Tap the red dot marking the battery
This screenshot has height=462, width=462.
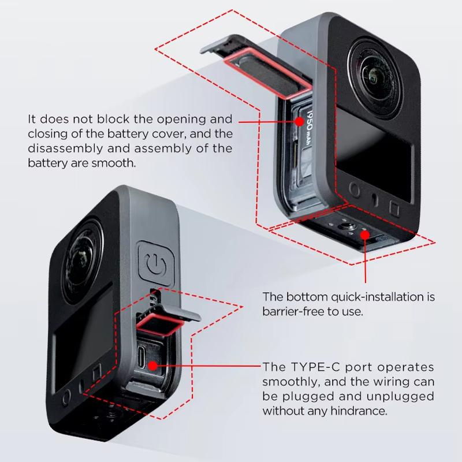300,121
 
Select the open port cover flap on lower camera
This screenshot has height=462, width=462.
167,321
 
